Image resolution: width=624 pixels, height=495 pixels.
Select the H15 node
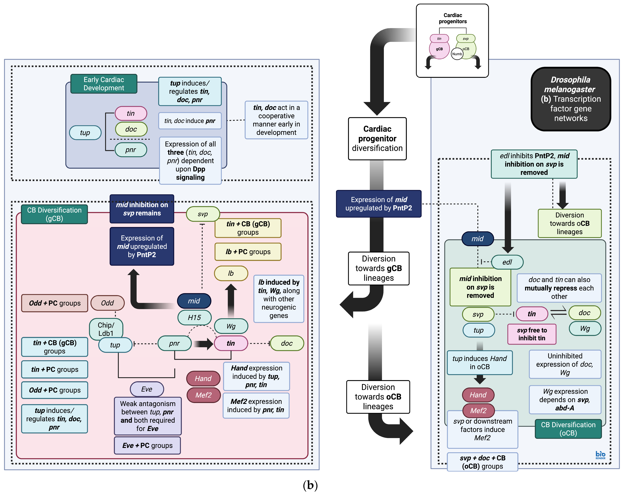(x=194, y=318)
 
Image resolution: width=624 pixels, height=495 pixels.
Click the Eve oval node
(x=147, y=389)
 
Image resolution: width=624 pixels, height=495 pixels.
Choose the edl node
(x=507, y=262)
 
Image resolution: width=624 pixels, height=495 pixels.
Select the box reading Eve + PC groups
(x=147, y=445)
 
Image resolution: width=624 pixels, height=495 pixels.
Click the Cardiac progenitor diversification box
(x=377, y=138)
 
